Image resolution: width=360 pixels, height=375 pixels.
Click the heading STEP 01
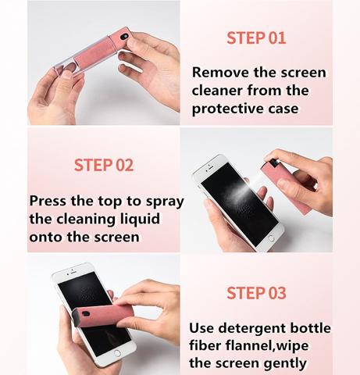(x=256, y=37)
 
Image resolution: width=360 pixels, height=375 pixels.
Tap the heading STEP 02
(x=104, y=165)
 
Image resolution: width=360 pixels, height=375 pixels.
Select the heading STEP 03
(x=256, y=293)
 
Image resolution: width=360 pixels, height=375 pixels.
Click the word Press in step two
(x=51, y=200)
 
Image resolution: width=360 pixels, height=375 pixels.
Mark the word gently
(x=282, y=363)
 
